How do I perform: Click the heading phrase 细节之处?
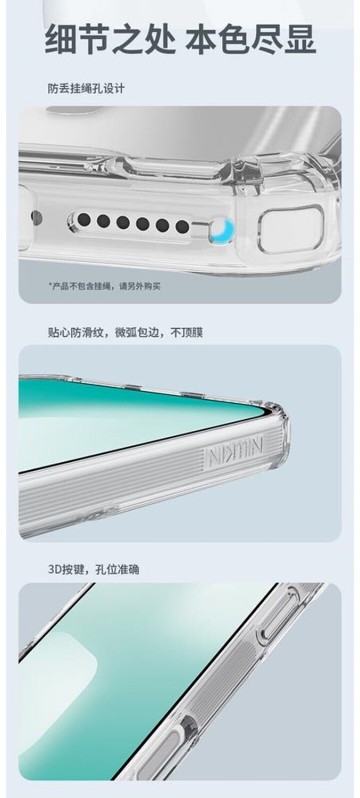pos(110,39)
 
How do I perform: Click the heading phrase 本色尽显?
pos(250,39)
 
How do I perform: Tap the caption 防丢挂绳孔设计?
pos(86,88)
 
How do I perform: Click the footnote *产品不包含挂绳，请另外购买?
pos(105,286)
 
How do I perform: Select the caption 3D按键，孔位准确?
pos(94,569)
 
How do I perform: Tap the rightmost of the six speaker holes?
pos(182,226)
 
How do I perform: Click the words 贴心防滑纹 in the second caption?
pos(76,332)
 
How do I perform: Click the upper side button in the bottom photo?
pos(278,616)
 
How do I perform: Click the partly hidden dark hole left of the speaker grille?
pos(36,216)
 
